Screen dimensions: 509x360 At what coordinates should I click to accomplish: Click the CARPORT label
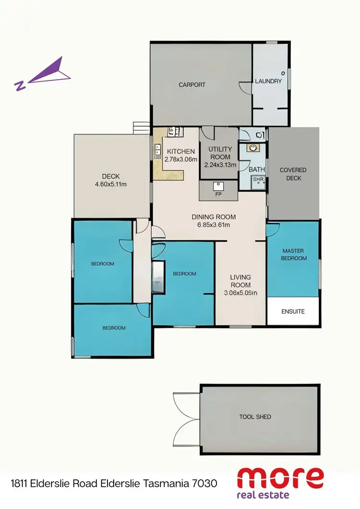[x=192, y=85]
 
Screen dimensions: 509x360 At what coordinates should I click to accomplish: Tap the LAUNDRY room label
[x=268, y=82]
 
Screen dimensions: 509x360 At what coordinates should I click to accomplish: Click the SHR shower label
[x=258, y=180]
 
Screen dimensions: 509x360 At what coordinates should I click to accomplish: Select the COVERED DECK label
[x=293, y=174]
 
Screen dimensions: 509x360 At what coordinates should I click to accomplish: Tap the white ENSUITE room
[x=293, y=311]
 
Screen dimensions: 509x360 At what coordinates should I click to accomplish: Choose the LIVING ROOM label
[x=240, y=281]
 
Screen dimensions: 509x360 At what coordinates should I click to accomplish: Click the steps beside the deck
[x=142, y=128]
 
